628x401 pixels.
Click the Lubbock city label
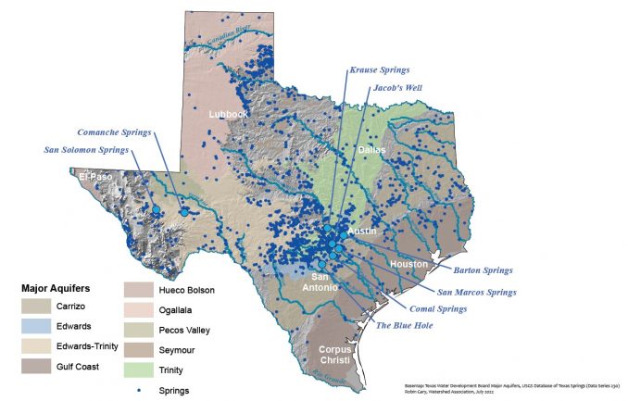coord(228,115)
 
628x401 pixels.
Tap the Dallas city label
coord(371,149)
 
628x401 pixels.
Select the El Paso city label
coord(96,176)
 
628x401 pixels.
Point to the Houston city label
coord(409,264)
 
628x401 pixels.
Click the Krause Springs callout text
coord(379,69)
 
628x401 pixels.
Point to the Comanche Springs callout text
coord(114,132)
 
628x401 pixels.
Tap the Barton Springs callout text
coord(482,270)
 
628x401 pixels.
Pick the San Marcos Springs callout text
coord(476,292)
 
